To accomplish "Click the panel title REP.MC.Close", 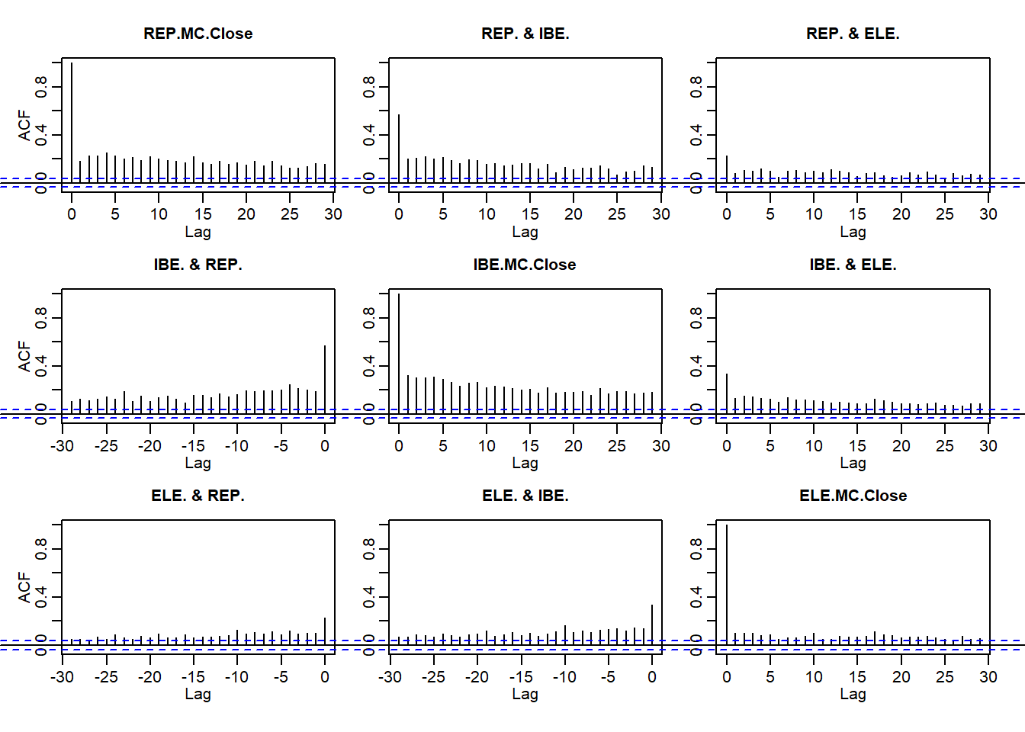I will point(198,34).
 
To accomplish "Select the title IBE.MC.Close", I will point(525,265).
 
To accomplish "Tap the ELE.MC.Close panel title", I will point(853,496).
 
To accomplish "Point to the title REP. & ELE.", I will point(853,34).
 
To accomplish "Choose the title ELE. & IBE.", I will point(525,496).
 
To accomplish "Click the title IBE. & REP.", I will point(198,265).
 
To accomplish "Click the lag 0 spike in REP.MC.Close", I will point(72,122).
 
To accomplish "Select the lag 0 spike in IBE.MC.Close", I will point(399,351).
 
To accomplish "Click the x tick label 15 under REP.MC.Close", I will point(203,214).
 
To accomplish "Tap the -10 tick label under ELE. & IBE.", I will point(564,676).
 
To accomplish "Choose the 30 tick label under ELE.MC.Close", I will point(988,676).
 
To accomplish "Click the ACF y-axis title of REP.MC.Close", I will point(24,125).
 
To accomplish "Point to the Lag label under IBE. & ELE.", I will point(853,463).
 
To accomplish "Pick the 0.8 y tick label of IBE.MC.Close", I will point(368,317).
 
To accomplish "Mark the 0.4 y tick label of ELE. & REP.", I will point(41,596).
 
